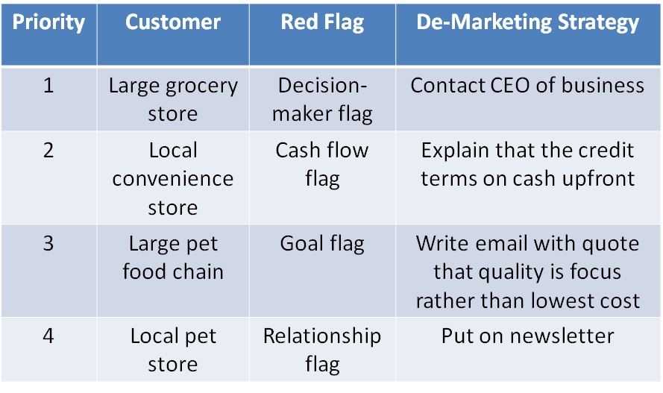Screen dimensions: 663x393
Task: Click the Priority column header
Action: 48,22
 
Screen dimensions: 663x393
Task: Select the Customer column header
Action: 173,22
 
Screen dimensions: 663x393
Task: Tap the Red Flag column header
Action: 322,22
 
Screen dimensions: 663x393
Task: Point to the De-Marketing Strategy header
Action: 528,22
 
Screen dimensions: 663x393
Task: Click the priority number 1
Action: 48,85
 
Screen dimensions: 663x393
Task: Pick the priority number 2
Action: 48,151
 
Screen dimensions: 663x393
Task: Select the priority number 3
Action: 48,243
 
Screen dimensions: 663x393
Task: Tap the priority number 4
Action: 48,336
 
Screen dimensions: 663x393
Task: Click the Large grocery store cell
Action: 173,100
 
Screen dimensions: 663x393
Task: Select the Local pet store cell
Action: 173,350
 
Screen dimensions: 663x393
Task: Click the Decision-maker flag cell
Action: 322,100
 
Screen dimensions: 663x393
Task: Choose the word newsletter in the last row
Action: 562,336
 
